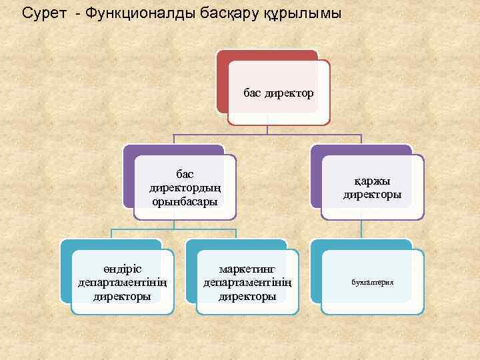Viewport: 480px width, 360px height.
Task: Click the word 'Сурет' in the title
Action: click(44, 13)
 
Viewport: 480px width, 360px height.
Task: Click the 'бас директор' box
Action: click(279, 93)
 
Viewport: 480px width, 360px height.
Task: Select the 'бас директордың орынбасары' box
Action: click(185, 187)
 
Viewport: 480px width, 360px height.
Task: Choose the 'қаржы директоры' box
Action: click(372, 187)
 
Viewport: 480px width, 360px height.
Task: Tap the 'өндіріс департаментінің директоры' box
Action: click(123, 282)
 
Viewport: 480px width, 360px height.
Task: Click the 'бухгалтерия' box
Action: click(372, 282)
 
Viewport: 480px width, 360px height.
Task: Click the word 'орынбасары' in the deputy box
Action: click(185, 201)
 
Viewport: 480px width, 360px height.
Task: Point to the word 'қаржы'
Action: click(372, 181)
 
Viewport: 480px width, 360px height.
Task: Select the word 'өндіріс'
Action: click(123, 269)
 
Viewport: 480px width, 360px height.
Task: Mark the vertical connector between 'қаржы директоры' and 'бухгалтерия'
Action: click(361, 230)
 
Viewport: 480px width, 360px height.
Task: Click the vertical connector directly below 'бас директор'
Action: click(267, 129)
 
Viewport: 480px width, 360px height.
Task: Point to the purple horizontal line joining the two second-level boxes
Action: click(267, 135)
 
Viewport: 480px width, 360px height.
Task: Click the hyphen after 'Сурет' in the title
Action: click(79, 13)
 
